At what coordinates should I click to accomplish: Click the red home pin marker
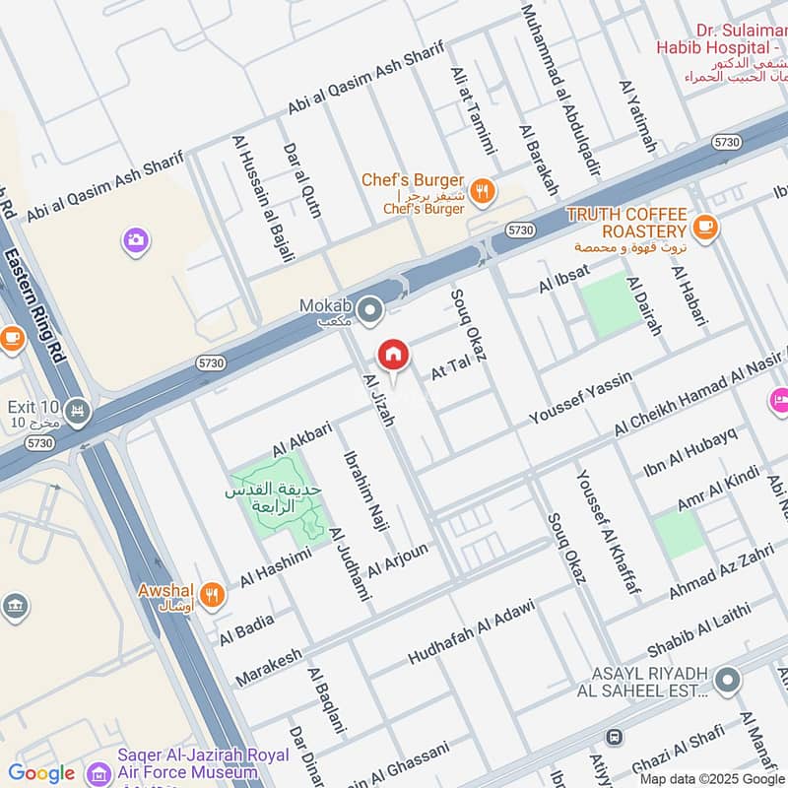point(392,354)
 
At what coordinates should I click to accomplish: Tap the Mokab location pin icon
point(369,312)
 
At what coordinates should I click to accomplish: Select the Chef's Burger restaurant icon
point(482,192)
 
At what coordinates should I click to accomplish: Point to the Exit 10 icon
point(78,409)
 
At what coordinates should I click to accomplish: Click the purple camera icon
point(135,239)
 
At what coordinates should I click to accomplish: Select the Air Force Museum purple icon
point(98,771)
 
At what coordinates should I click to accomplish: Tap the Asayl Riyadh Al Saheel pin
point(727,680)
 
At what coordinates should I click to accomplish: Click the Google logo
point(41,773)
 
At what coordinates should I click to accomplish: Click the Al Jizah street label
point(378,400)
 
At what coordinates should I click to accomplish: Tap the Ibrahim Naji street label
point(360,491)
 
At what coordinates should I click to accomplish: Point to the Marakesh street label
point(268,667)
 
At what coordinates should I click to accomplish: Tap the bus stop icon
point(614,737)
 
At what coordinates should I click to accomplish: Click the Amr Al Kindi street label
point(716,491)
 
